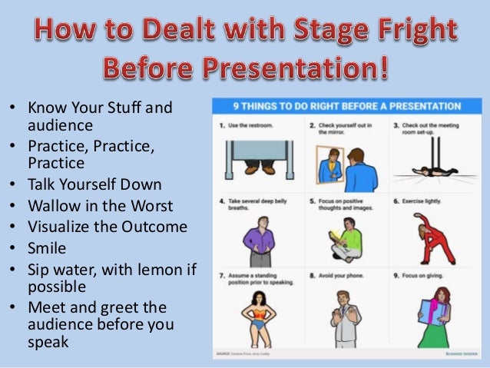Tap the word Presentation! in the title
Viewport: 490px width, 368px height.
coord(300,72)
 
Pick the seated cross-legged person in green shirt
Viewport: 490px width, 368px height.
coord(346,238)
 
